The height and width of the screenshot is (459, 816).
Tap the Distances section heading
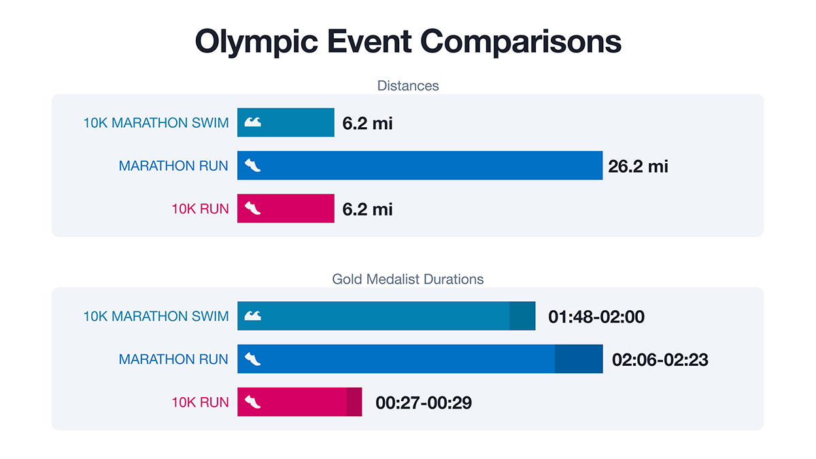[x=408, y=86]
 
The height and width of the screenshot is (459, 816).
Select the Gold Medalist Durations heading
[x=408, y=279]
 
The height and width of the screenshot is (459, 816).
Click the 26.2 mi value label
[x=638, y=166]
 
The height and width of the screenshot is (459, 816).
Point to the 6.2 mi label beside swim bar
[x=367, y=123]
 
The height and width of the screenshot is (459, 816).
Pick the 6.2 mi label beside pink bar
[x=367, y=209]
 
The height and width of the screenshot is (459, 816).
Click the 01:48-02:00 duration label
[x=596, y=316]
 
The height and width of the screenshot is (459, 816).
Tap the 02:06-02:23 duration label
[x=660, y=359]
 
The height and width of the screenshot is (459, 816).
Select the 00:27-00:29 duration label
[x=424, y=403]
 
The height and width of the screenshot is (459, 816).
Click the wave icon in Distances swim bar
[x=252, y=122]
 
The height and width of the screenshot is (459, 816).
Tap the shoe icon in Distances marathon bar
[x=252, y=165]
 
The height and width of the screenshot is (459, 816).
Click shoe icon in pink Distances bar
[x=252, y=208]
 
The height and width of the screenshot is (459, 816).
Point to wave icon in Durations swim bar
[x=252, y=316]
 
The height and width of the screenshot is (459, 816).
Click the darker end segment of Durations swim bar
[x=522, y=316]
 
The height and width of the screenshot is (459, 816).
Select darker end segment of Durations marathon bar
[x=579, y=359]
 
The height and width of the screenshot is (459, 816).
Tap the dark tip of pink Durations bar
[x=354, y=402]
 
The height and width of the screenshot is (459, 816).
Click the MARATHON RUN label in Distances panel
[x=173, y=166]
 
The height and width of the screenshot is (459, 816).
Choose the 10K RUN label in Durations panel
[x=200, y=402]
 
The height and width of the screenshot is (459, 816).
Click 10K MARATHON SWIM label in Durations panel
[x=156, y=316]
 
